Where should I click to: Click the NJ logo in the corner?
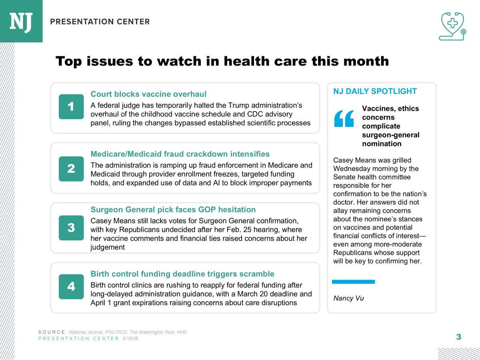click(x=21, y=21)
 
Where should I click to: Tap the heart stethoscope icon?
click(x=452, y=26)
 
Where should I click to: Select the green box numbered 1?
click(x=71, y=107)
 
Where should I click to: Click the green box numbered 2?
click(x=71, y=168)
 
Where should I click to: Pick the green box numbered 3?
click(x=71, y=228)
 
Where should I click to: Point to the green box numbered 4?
click(x=71, y=286)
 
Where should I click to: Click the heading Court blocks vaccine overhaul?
click(x=148, y=94)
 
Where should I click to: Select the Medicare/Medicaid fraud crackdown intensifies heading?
click(x=180, y=154)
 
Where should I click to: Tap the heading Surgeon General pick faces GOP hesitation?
click(x=173, y=210)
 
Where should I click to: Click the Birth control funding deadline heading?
click(x=182, y=274)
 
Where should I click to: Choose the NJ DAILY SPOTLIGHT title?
click(x=375, y=91)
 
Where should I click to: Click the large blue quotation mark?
click(x=344, y=118)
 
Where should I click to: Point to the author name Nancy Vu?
click(x=348, y=298)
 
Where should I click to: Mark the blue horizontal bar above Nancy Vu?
click(x=353, y=282)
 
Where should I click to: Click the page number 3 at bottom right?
click(x=458, y=337)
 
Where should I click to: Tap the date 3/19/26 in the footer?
click(x=130, y=339)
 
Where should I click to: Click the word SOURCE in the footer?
click(x=52, y=332)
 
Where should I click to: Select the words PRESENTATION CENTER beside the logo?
click(x=100, y=22)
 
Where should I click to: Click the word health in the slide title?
click(x=249, y=61)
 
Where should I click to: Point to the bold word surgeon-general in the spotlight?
click(x=390, y=135)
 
